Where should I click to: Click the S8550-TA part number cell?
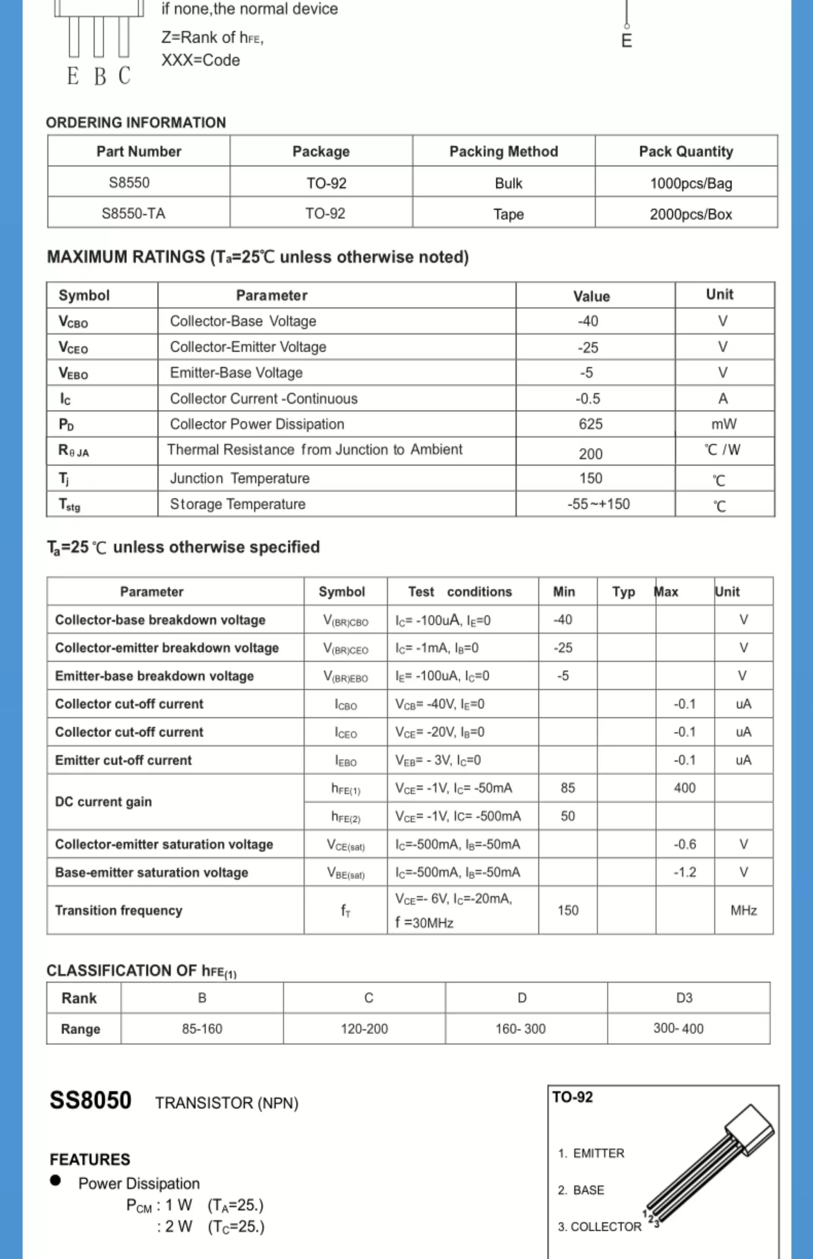(133, 213)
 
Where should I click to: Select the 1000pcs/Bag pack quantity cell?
(690, 183)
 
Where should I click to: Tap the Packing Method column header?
(503, 151)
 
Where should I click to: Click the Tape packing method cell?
(508, 214)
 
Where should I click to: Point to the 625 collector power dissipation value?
(590, 424)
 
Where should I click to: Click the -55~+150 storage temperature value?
(598, 504)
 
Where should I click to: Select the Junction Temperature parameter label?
(240, 478)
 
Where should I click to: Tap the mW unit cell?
(723, 424)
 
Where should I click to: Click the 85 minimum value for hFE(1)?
(567, 788)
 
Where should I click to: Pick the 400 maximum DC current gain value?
(684, 788)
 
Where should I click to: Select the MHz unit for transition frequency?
(743, 910)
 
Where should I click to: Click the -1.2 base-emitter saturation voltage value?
(684, 872)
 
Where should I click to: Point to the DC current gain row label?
(104, 801)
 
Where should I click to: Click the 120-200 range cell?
(364, 1028)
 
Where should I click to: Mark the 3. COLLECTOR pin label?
(599, 1226)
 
